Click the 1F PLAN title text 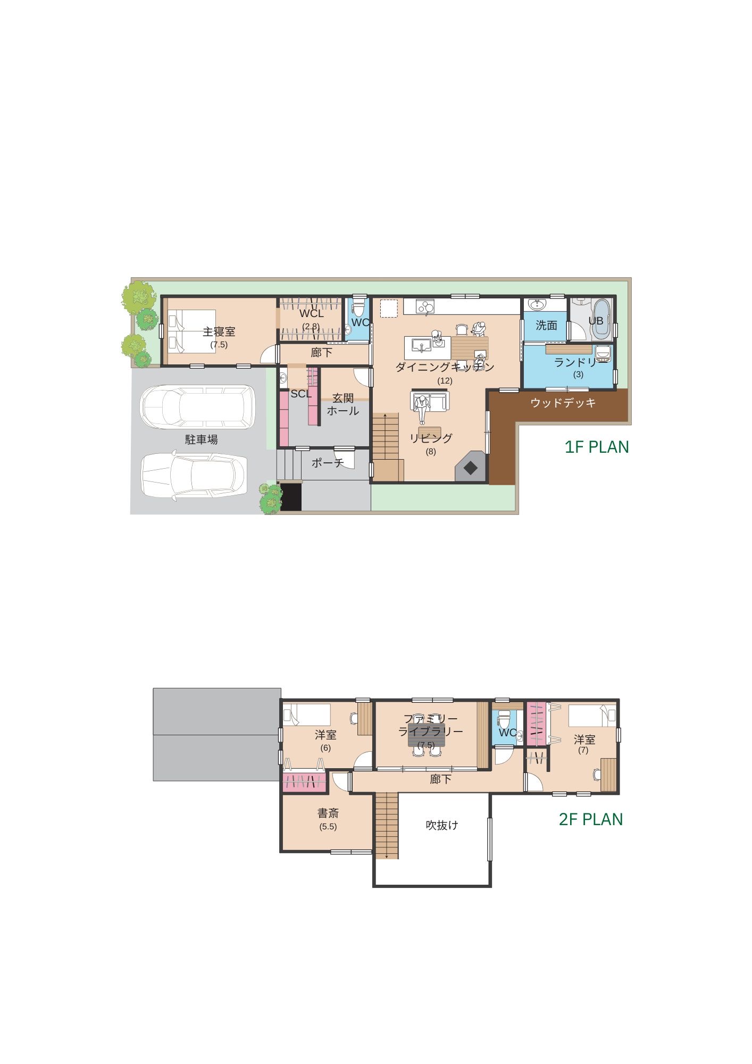pos(597,447)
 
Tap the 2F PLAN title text pos(591,819)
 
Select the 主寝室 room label pos(219,331)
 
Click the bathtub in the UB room pos(601,319)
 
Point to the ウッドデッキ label pos(563,403)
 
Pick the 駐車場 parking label pos(202,439)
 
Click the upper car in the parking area pos(197,407)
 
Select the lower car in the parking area pos(194,477)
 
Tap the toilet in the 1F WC pos(359,309)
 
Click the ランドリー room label pos(580,362)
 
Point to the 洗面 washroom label pos(546,325)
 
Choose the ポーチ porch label pos(328,463)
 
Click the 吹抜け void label pos(442,825)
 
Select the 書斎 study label pos(328,813)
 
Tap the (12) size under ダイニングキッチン pos(445,381)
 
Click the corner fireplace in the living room pos(471,467)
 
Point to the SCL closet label pos(301,394)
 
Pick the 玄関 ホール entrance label pos(343,404)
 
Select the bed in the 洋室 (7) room pos(592,716)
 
